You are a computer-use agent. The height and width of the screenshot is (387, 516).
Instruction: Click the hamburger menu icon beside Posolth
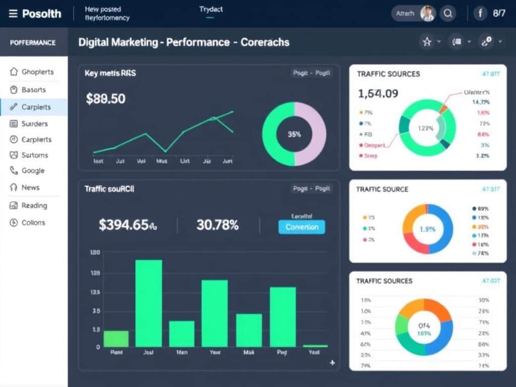tap(13, 14)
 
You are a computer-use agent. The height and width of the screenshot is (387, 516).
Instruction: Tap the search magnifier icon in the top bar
tap(447, 14)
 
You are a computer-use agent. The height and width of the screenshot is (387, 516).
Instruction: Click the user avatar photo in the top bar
tap(427, 14)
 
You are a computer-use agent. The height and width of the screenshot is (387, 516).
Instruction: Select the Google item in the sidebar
tap(33, 171)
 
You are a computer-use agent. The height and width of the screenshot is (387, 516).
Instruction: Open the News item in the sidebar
tap(30, 187)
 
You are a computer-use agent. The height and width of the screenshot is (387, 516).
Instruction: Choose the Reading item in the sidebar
tap(34, 206)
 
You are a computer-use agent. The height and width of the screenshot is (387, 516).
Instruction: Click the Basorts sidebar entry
tap(33, 90)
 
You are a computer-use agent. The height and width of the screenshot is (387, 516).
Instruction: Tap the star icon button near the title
tap(427, 42)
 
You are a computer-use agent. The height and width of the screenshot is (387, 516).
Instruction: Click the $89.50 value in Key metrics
tap(105, 99)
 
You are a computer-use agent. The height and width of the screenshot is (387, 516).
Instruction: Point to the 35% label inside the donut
tap(294, 134)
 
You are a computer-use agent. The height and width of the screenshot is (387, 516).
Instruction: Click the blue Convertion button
tap(302, 227)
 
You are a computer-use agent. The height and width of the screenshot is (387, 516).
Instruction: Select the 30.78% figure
tap(217, 225)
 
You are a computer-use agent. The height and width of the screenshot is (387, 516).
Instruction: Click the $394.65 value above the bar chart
tap(127, 225)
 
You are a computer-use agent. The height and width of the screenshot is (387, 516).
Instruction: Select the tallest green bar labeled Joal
tap(149, 303)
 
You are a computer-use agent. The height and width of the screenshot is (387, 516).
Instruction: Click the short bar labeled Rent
tap(116, 339)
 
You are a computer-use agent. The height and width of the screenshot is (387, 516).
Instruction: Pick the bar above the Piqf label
tap(283, 316)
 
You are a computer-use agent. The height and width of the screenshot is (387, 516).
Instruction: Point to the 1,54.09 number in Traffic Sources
tap(378, 93)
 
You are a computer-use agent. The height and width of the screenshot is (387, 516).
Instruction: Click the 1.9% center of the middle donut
tap(427, 229)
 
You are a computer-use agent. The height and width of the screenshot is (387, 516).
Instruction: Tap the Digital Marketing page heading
tap(183, 42)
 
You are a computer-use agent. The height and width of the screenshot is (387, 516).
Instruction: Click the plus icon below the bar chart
tap(332, 362)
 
